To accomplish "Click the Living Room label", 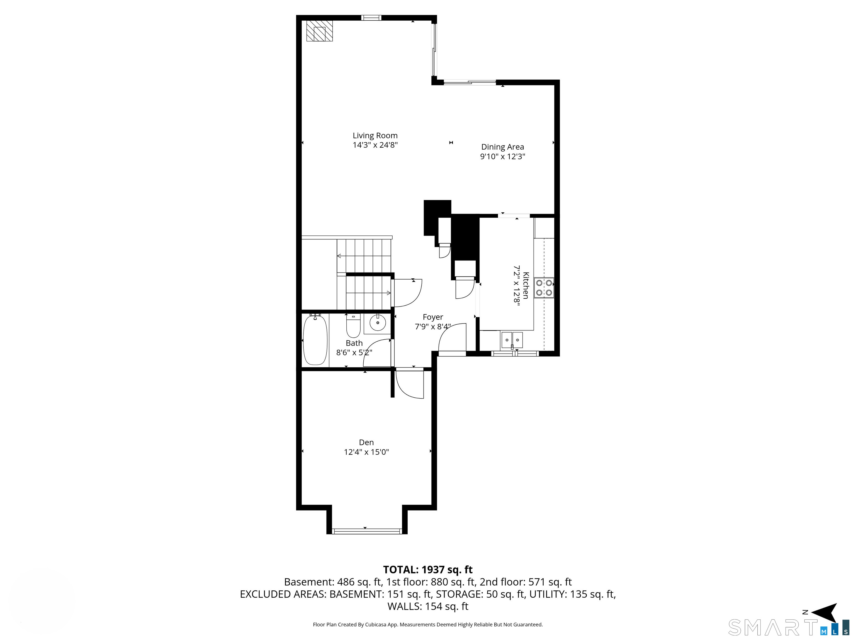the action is (375, 135).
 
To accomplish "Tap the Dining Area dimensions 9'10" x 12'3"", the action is (503, 156).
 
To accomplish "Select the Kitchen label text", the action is (526, 285).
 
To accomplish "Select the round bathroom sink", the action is (378, 322).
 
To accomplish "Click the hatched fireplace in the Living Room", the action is (319, 31).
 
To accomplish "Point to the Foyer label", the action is (433, 317).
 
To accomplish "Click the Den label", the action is (366, 442).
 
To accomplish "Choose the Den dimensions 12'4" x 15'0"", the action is (366, 452).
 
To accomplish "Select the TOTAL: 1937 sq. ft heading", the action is (428, 570).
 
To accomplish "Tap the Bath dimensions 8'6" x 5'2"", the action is (354, 352).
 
